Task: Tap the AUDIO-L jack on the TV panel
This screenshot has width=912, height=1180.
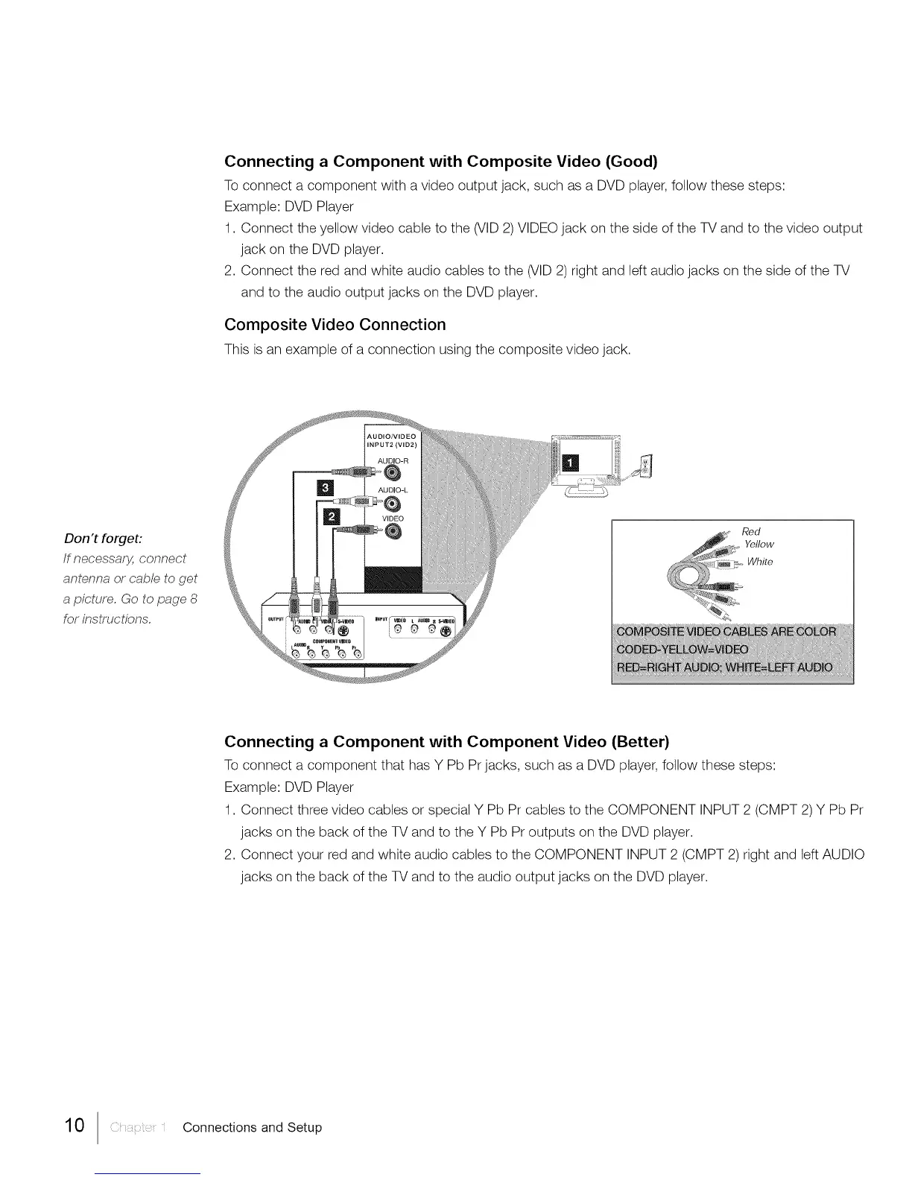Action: (393, 501)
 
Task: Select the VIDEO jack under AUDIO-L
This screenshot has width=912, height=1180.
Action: (393, 530)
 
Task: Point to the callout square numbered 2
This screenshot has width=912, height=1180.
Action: (329, 517)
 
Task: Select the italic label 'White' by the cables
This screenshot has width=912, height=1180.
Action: (760, 562)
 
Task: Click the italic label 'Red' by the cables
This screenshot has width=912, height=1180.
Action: (751, 531)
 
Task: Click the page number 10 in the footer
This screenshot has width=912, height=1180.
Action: (76, 1126)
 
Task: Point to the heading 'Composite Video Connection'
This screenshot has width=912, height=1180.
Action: (335, 325)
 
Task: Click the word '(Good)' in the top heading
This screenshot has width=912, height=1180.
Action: (631, 161)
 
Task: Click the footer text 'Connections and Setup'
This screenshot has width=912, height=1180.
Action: (252, 1127)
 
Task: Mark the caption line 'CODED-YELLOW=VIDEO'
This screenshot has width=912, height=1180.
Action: (683, 648)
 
